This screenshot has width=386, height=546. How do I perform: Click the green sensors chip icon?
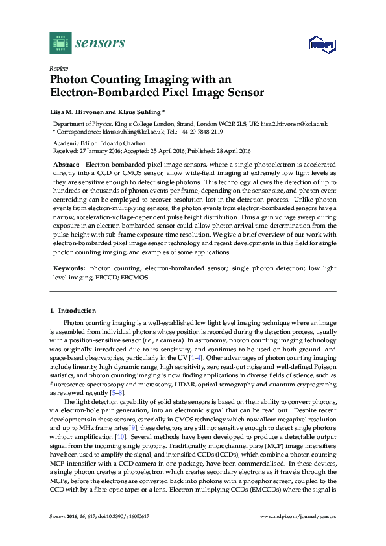click(60, 43)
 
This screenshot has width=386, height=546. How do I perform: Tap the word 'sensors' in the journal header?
click(100, 43)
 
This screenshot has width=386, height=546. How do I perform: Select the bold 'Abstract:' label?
click(66, 166)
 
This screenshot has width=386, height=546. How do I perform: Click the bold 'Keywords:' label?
click(69, 268)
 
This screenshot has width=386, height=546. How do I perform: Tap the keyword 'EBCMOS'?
click(135, 277)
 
